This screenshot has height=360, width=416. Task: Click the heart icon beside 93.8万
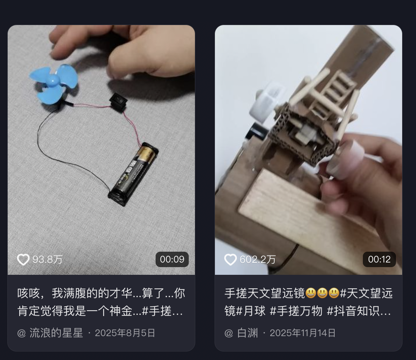coord(23,259)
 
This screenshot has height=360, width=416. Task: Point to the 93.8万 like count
coord(47,259)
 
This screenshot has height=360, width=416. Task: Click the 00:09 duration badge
coord(172,259)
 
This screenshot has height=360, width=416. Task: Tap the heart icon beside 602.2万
coord(230,259)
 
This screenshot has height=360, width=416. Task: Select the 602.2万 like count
coord(258,259)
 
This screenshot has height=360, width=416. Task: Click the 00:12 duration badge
coord(379,259)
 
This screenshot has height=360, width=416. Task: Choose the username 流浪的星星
coord(56,333)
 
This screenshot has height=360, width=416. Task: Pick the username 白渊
coord(247,333)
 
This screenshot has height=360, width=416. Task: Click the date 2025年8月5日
coord(125,333)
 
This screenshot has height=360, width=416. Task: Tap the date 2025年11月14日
coord(302,333)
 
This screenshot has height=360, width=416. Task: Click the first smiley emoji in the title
coord(310,293)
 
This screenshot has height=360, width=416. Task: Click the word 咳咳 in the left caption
coord(29,293)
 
